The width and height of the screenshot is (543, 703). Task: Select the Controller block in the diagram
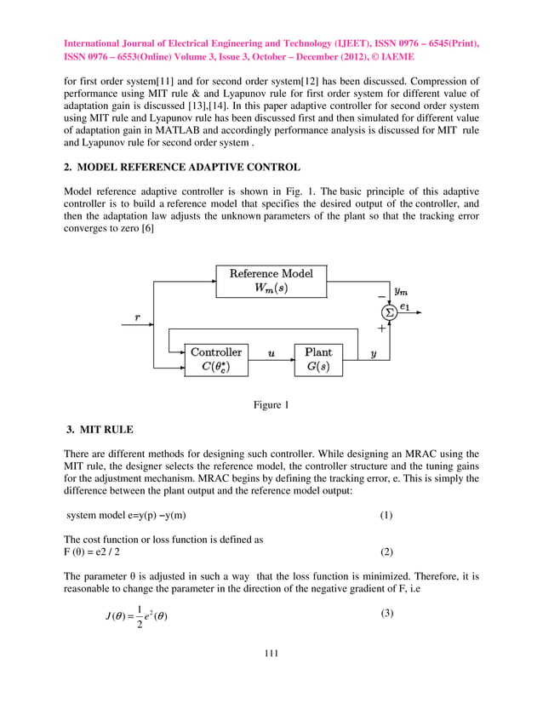click(215, 360)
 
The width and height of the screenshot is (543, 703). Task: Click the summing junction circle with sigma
click(390, 312)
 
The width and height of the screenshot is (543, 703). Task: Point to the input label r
click(137, 316)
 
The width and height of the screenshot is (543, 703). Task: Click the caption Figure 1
click(271, 405)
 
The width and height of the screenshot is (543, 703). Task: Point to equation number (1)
click(386, 517)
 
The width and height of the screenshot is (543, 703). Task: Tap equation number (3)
click(386, 614)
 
